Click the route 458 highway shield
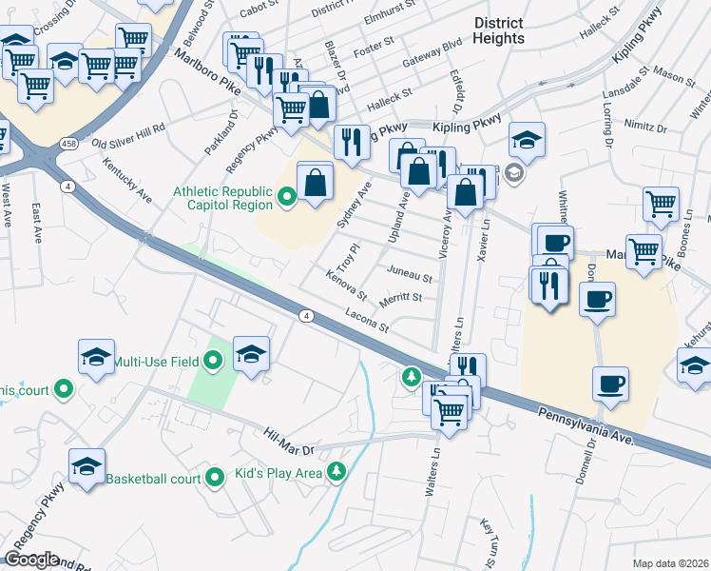tap(69, 142)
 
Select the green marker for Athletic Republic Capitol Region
tap(288, 199)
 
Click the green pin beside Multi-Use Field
tap(213, 361)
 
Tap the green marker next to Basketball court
tap(214, 477)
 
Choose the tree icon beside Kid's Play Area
tap(335, 473)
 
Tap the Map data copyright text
tap(670, 563)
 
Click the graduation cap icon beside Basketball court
tap(86, 466)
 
